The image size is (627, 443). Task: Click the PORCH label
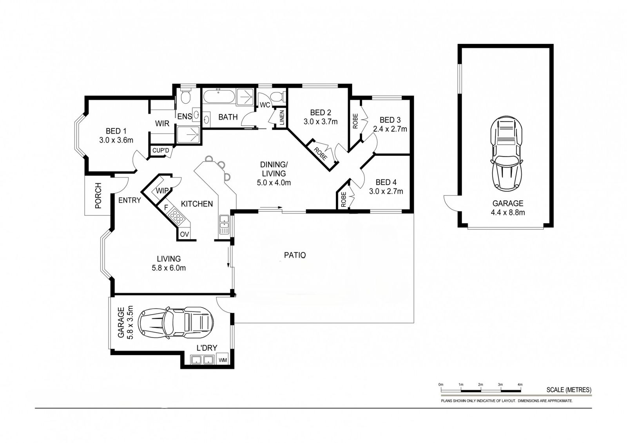(x=98, y=195)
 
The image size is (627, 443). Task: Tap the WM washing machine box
(x=223, y=360)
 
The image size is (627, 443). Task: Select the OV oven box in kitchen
(x=184, y=234)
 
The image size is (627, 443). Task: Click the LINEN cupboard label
(x=282, y=117)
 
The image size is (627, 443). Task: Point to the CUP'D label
(x=161, y=150)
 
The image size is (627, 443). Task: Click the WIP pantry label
(x=162, y=191)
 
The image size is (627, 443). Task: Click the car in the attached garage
(x=176, y=323)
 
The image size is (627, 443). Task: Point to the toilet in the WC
(x=278, y=96)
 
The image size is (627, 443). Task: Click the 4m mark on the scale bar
(x=520, y=391)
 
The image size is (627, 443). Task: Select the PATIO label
(x=295, y=255)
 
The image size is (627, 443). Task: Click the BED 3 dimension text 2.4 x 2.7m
(x=390, y=129)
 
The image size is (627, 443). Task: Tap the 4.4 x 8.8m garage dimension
(x=508, y=212)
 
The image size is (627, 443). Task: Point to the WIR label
(x=162, y=123)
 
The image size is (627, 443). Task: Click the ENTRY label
(x=129, y=201)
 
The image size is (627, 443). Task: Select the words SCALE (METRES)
(x=569, y=390)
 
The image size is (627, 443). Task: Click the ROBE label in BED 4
(x=344, y=199)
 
